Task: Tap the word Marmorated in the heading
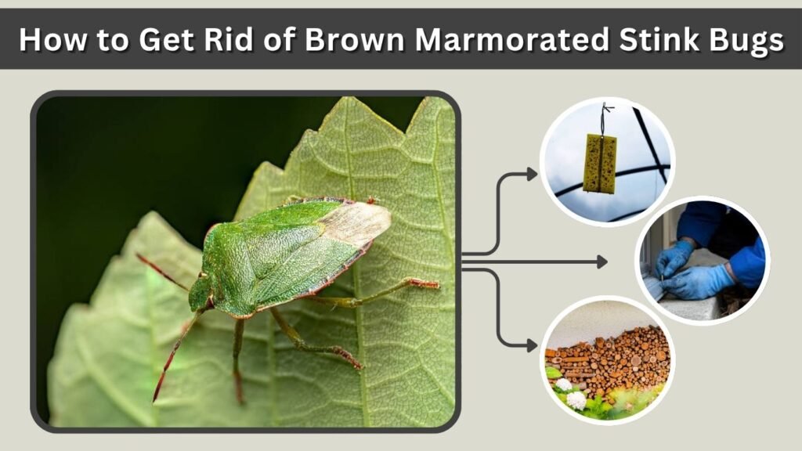pos(512,39)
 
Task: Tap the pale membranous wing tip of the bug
pos(356,223)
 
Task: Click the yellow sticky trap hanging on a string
pos(601,163)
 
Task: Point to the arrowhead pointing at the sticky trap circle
pos(532,175)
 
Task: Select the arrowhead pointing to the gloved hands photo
pos(602,262)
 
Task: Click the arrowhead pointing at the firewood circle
pos(532,345)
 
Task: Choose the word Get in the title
pos(166,39)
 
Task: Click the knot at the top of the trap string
pos(605,108)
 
